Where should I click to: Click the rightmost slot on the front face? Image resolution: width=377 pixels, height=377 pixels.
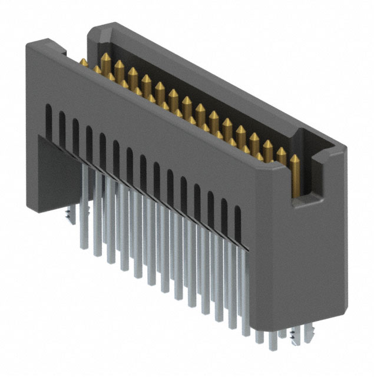pyautogui.click(x=238, y=224)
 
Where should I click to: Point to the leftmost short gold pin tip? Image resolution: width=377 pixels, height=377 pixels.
pyautogui.click(x=84, y=61)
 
